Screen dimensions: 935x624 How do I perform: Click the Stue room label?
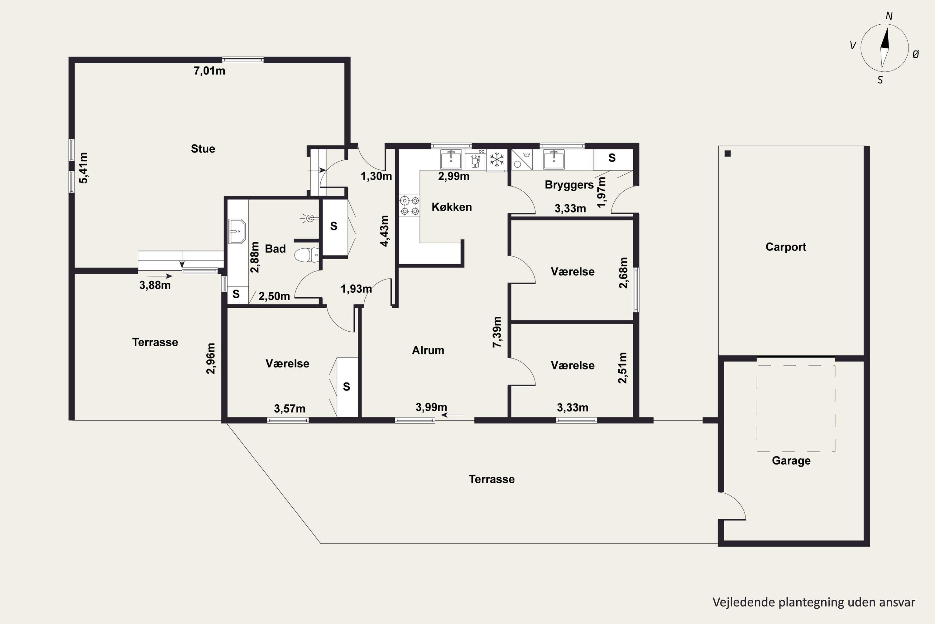coord(203,149)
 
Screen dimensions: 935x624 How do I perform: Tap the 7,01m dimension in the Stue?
coord(209,71)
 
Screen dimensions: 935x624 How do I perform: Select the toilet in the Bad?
coord(306,255)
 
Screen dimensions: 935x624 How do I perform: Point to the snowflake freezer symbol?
coord(496,160)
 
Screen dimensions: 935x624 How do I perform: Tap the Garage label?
coord(791,461)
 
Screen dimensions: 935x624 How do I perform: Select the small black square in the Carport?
coord(727,154)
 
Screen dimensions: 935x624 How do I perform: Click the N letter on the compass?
coord(889,16)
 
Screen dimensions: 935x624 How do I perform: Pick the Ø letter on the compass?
coord(916,55)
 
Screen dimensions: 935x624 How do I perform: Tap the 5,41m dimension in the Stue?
coord(84,168)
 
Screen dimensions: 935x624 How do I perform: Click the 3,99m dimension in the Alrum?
coord(431,407)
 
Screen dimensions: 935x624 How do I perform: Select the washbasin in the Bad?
coord(237,231)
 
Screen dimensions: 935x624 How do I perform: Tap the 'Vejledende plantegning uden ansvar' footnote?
coord(814,602)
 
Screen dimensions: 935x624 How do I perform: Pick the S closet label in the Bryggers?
coord(612,158)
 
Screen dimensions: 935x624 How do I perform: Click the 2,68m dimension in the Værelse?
coord(623,273)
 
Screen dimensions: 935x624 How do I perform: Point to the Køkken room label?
coord(452,207)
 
